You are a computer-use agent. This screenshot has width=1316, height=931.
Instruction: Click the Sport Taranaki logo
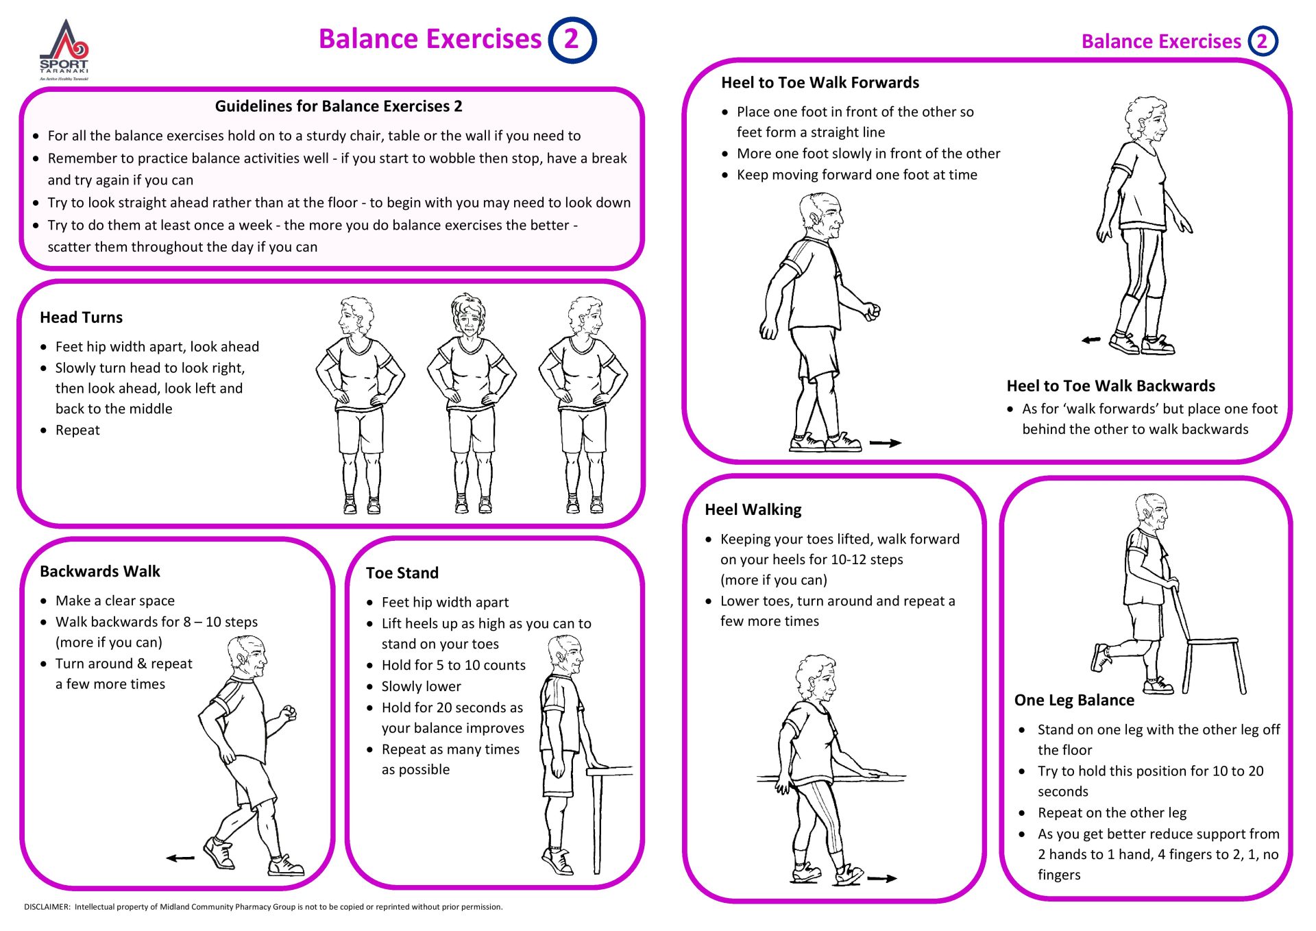[64, 49]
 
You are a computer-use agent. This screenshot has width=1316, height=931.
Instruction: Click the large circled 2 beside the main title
[572, 40]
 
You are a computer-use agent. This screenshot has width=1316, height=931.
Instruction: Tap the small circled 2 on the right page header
[1262, 42]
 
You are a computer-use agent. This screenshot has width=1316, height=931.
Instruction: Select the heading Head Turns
[81, 317]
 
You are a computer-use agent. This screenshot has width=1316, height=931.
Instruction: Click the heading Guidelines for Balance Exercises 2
[339, 106]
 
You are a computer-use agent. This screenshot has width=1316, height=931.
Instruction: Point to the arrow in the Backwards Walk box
[180, 858]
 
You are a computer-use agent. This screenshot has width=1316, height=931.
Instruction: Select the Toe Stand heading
[402, 573]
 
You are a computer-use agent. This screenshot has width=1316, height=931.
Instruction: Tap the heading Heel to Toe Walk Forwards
[820, 83]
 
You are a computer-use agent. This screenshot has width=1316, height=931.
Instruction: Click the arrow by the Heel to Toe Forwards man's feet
[885, 443]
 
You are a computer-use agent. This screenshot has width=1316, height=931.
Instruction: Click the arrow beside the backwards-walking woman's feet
[1090, 340]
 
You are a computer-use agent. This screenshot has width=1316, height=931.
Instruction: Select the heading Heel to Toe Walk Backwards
[1110, 386]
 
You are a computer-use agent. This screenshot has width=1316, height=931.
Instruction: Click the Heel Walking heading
[753, 510]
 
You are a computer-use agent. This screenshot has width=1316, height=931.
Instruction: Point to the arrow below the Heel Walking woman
[881, 878]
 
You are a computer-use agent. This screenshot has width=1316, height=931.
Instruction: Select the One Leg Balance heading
[1074, 700]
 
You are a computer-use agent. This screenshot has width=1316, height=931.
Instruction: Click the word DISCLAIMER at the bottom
[47, 907]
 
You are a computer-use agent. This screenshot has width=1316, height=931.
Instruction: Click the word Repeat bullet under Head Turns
[77, 431]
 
